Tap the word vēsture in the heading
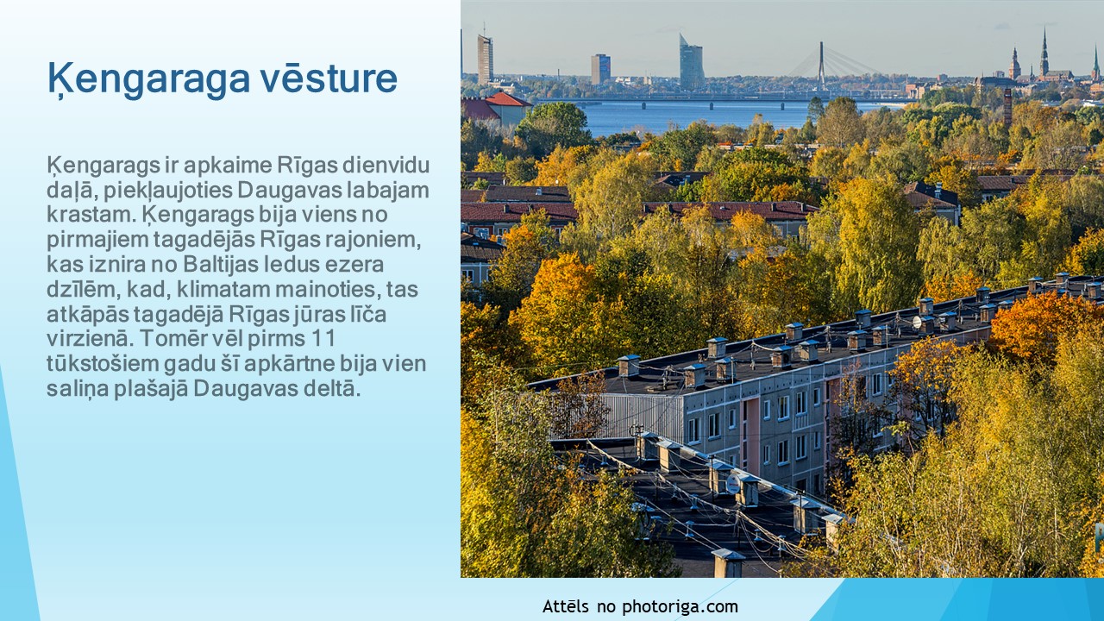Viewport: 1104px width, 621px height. pyautogui.click(x=329, y=78)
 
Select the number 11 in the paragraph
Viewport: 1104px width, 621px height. pyautogui.click(x=323, y=339)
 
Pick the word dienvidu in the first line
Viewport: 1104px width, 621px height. pyautogui.click(x=386, y=165)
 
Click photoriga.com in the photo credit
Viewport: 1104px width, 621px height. pyautogui.click(x=681, y=606)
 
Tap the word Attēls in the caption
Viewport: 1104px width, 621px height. pyautogui.click(x=566, y=605)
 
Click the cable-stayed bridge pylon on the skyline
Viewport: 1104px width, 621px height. pyautogui.click(x=821, y=66)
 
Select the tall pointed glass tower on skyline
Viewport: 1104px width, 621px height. pyautogui.click(x=692, y=62)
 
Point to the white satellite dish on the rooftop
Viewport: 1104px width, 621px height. pyautogui.click(x=733, y=483)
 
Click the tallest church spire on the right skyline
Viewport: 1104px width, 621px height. pyautogui.click(x=1044, y=53)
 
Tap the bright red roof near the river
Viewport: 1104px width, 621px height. pyautogui.click(x=508, y=100)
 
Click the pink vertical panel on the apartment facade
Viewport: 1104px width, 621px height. pyautogui.click(x=751, y=438)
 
